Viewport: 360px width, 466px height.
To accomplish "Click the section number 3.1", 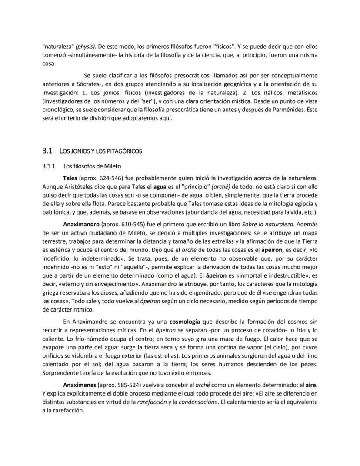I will click(47, 151).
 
